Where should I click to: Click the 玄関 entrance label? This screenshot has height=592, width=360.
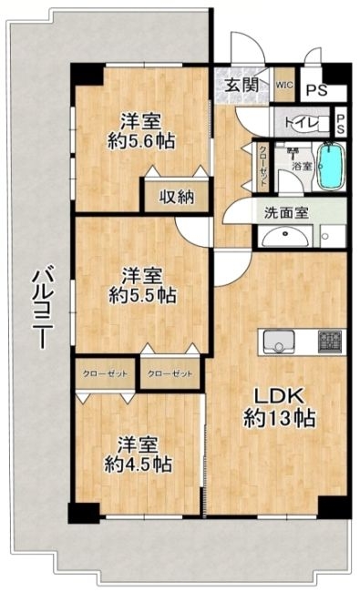tap(242, 85)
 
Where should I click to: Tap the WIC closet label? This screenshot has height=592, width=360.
tap(283, 85)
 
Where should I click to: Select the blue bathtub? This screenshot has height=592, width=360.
tap(331, 166)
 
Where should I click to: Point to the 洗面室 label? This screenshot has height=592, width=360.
tap(286, 213)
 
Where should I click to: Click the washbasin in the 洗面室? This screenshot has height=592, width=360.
tap(285, 237)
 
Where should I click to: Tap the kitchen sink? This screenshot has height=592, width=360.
tap(279, 342)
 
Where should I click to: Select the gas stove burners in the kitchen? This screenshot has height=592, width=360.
tap(330, 342)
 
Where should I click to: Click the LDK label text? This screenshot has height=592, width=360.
tap(279, 396)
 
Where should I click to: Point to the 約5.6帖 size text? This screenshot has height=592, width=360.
tap(141, 141)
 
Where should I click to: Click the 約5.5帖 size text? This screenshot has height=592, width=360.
tap(142, 295)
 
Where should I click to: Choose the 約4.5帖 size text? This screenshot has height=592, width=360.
tap(139, 464)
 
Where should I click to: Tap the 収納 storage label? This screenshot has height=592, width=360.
tap(177, 197)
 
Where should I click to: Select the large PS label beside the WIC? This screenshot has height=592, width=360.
tap(316, 90)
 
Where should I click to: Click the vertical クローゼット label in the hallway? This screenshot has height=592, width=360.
tap(262, 165)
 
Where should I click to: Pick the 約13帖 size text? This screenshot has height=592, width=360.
tap(279, 418)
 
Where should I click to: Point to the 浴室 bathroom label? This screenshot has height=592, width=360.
tap(303, 166)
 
